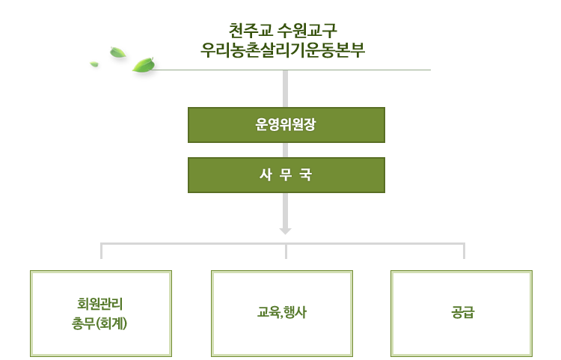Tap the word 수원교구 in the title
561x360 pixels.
coord(307,31)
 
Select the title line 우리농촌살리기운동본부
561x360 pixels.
coord(283,49)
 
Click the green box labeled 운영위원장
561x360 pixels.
coord(286,125)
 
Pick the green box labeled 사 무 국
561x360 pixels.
coord(286,175)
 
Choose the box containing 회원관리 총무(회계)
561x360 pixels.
coord(101,314)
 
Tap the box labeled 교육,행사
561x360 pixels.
coord(282,314)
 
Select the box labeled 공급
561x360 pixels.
coord(462,314)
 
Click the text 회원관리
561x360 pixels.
coord(99,304)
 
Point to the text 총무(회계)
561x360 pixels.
coord(99,323)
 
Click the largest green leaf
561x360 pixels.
coord(144,65)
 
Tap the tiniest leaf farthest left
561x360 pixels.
coord(94,64)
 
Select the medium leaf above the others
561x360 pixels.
coord(117,52)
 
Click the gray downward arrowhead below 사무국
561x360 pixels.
coord(285,231)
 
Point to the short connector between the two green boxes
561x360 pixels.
coord(285,150)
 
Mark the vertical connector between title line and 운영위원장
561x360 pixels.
coord(285,88)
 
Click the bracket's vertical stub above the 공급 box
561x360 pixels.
coord(464,251)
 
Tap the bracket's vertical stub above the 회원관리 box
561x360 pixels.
coord(101,251)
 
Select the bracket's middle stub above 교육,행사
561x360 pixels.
coord(286,251)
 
